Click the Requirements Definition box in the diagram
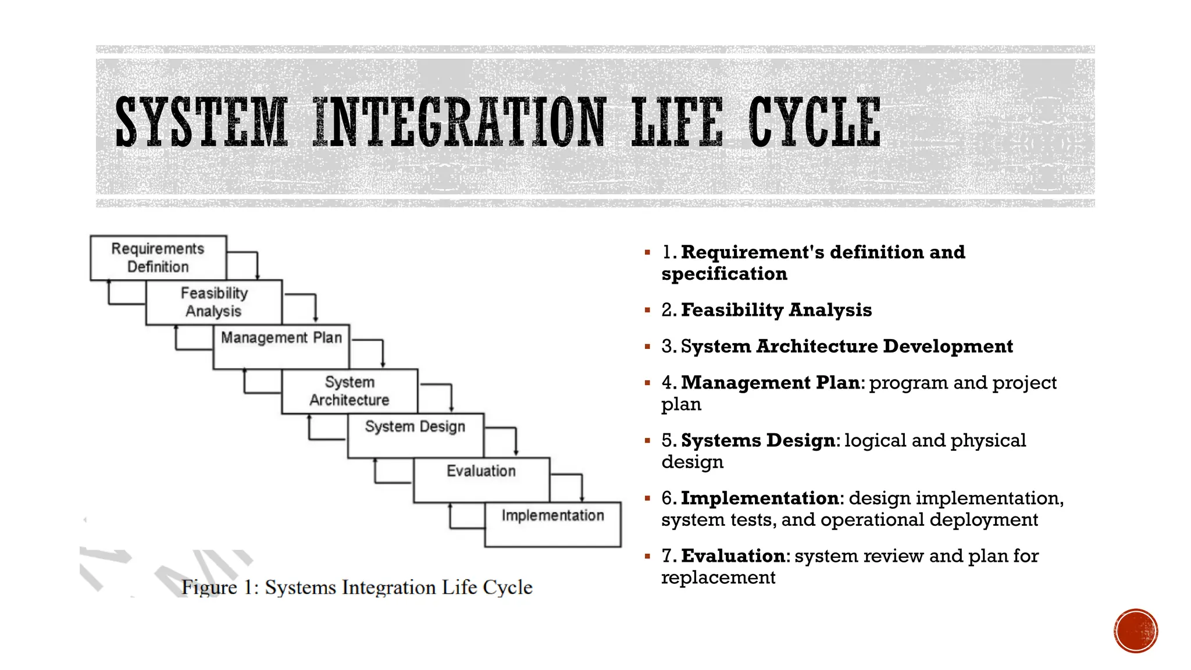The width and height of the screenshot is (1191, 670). tap(158, 258)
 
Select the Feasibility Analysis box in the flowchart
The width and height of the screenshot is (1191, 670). tap(213, 302)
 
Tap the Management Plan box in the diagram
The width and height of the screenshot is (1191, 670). tap(281, 346)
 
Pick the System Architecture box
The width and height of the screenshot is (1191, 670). tap(350, 391)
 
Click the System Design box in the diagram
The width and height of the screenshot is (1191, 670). tap(415, 435)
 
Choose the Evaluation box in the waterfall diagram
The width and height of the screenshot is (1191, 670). tap(481, 479)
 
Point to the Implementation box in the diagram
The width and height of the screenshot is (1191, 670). tap(552, 524)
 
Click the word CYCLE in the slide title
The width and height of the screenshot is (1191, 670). tap(814, 122)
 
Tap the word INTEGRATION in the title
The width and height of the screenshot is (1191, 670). tap(459, 122)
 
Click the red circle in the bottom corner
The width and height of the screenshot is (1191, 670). tap(1136, 631)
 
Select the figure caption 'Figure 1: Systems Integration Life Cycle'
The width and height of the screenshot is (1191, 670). tap(356, 587)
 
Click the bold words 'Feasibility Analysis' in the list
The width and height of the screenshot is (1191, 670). tap(776, 310)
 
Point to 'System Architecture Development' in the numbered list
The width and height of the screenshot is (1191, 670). tap(846, 347)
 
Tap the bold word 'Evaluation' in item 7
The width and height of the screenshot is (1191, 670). tap(733, 556)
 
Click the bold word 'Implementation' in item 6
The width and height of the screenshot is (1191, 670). tap(759, 498)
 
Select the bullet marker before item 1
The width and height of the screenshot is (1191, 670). tap(647, 253)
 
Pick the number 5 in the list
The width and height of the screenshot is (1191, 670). tap(667, 441)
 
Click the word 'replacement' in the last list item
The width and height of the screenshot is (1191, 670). tap(718, 578)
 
